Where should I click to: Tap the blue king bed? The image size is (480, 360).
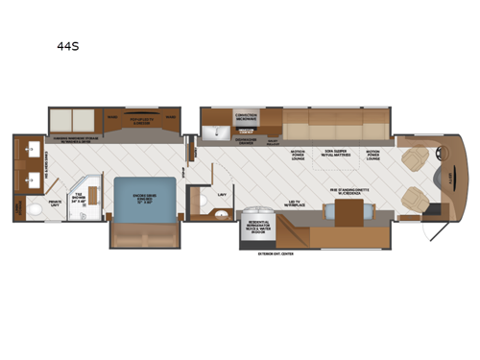coord(145,199)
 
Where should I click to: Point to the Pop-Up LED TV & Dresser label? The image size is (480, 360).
coord(145,122)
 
